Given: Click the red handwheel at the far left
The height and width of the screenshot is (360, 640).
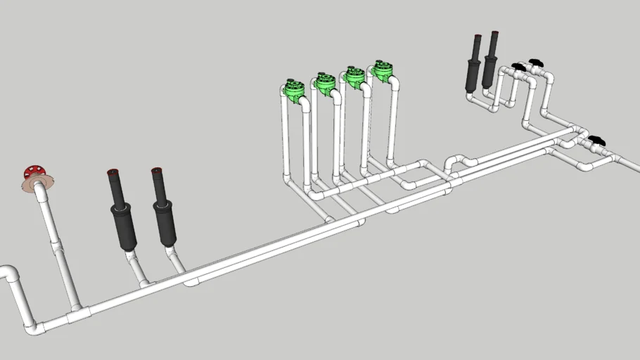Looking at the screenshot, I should [x=32, y=171].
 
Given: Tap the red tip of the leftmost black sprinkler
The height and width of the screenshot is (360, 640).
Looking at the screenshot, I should [x=112, y=172].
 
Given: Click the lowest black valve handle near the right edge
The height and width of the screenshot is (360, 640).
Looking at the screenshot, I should [x=596, y=141].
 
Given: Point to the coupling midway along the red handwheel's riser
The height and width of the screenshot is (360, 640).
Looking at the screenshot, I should [x=56, y=247].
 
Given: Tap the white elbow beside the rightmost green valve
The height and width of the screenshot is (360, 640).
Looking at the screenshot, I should [x=395, y=83].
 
